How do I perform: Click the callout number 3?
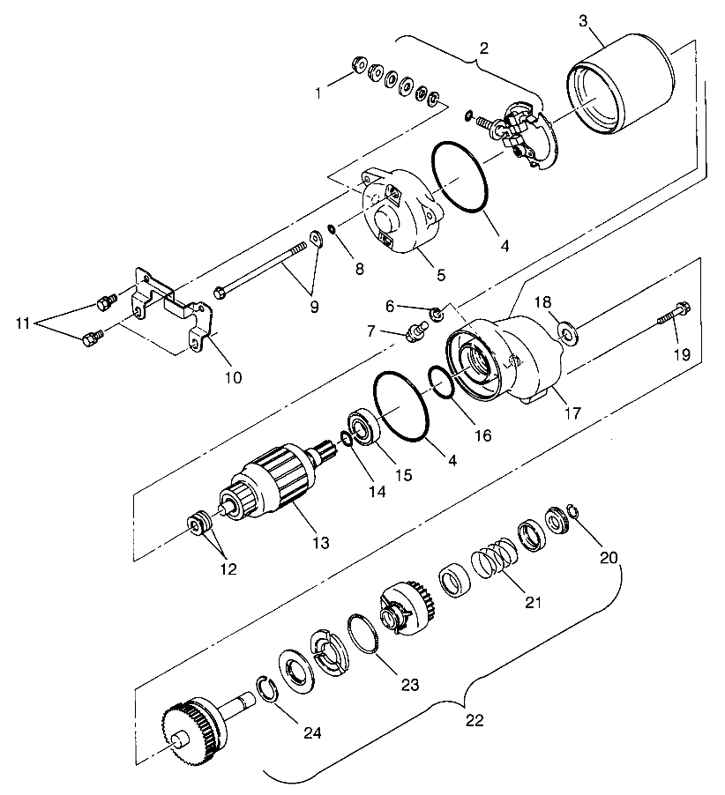(x=583, y=21)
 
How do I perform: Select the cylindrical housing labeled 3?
(x=620, y=84)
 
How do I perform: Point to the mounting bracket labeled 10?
(x=173, y=311)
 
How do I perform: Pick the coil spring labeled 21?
(x=493, y=558)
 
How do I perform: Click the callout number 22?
(x=475, y=720)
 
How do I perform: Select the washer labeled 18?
(x=567, y=332)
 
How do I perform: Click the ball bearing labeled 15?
(x=363, y=426)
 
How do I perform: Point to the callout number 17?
(x=572, y=413)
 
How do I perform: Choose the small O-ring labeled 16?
(x=440, y=382)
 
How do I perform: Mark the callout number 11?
(x=23, y=323)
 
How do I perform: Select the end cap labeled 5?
(x=400, y=211)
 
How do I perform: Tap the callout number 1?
(x=318, y=93)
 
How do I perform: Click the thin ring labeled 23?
(x=362, y=634)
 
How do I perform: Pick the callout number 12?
(x=228, y=569)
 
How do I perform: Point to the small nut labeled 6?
(x=437, y=314)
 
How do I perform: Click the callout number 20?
(x=609, y=558)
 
